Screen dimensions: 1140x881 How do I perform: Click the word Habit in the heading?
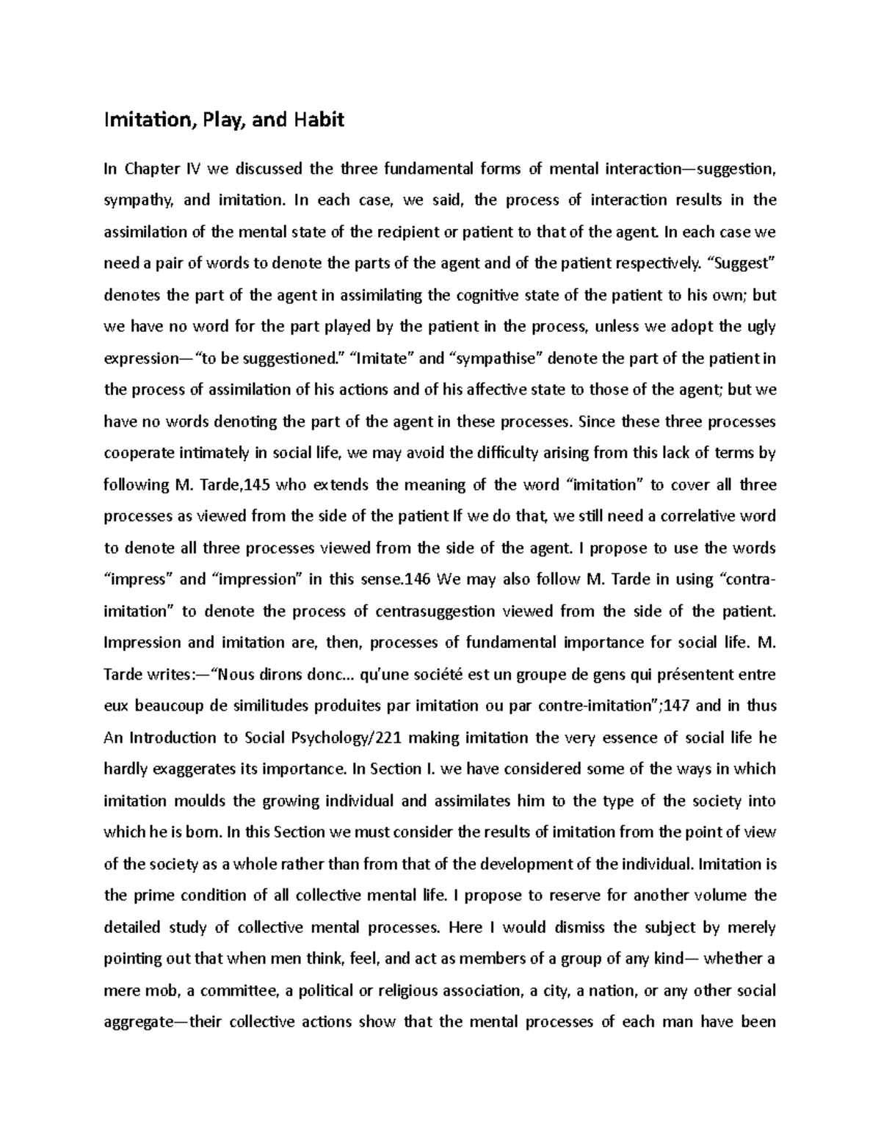point(319,120)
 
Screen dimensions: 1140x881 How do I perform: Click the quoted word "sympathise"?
point(497,358)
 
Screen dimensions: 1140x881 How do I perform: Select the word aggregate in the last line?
point(137,1023)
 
